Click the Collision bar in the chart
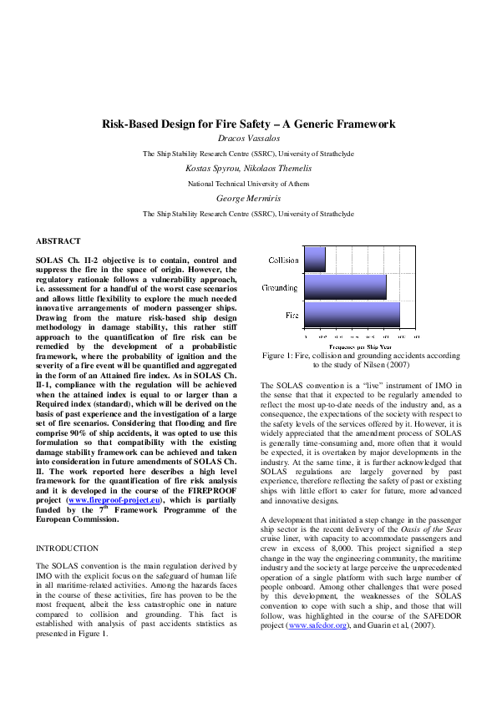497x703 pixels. tap(315, 260)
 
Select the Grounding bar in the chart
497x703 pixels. tap(345, 287)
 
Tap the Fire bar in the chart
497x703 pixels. tap(352, 315)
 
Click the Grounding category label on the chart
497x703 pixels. tap(280, 288)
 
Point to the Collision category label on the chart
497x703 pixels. tap(284, 260)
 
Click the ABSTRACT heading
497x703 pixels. tap(58, 240)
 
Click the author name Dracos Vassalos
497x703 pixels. tap(248, 138)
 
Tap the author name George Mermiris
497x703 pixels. tap(248, 198)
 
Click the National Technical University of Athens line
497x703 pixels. tap(248, 183)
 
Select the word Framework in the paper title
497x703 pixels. tap(363, 124)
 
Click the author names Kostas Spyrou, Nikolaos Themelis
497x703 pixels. tap(248, 168)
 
